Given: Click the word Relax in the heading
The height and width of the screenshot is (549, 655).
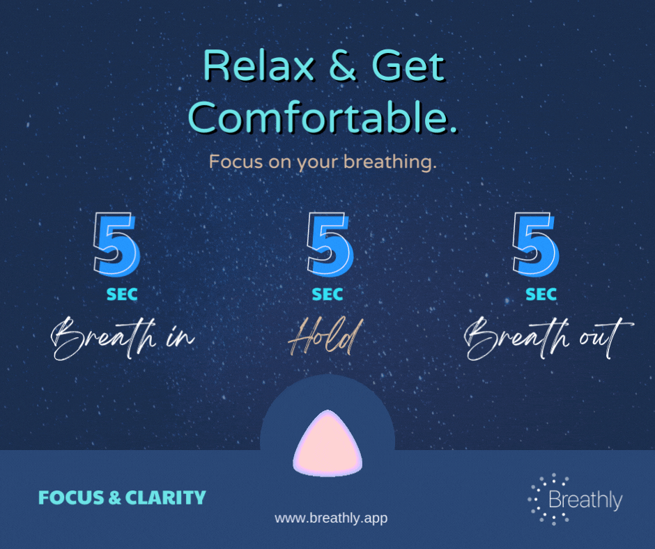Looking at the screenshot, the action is point(259,65).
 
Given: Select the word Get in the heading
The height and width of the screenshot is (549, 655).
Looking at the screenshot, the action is point(408,65).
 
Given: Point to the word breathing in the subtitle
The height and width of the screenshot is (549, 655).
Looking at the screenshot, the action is point(390,162).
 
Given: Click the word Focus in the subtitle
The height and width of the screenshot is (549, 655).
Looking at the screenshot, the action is point(236,162).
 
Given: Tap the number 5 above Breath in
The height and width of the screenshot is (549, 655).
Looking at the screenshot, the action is point(116,245).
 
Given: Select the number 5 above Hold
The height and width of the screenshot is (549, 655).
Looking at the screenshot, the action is point(330,245).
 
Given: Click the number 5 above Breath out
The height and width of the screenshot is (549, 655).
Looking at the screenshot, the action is point(536,245).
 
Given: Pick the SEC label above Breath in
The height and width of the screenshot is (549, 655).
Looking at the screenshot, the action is point(122,295).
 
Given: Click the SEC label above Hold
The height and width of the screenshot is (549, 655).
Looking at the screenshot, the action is point(327,295).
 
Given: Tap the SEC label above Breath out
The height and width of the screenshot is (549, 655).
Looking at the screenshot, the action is point(541,295).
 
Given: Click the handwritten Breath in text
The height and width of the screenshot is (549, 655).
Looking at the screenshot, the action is point(123,339).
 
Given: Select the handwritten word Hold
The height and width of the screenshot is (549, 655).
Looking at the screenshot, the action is point(326,337).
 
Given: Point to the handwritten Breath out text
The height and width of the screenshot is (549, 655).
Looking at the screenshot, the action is point(548,339).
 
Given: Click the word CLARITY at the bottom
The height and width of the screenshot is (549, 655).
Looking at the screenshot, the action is point(165,497).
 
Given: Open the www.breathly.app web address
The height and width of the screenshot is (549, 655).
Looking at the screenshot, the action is point(331,518).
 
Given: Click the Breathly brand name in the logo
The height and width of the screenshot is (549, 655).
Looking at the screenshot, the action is point(585,500).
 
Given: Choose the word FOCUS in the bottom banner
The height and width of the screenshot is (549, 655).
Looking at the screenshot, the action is point(71,497).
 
